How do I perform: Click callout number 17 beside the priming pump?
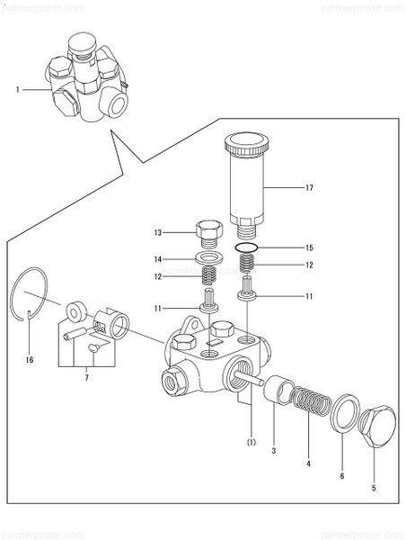tap(309, 188)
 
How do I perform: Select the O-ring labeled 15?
tap(248, 246)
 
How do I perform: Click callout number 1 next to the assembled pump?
tap(17, 89)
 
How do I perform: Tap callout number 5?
tap(373, 489)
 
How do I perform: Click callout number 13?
tap(157, 234)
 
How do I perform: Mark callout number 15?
tap(309, 247)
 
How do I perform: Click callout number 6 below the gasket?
tap(342, 478)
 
